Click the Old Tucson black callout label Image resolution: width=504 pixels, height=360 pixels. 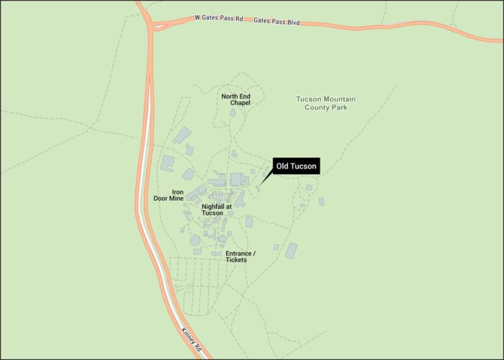click(x=295, y=166)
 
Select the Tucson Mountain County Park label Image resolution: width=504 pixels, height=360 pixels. click(x=326, y=103)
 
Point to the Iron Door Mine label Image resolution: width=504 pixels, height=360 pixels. click(x=168, y=195)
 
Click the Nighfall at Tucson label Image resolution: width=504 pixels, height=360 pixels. click(x=217, y=210)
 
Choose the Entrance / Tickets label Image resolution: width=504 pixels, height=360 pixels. click(x=240, y=256)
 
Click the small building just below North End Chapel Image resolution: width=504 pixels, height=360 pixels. click(x=233, y=113)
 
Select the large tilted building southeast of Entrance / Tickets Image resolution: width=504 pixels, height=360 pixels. click(x=291, y=251)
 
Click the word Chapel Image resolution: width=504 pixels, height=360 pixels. click(x=240, y=103)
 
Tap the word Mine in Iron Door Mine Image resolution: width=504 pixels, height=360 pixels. click(x=176, y=199)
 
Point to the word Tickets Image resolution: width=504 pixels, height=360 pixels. click(x=236, y=260)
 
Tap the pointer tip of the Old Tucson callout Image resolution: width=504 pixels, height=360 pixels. click(x=261, y=184)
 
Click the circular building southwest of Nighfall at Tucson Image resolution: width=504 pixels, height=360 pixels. click(x=195, y=240)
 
